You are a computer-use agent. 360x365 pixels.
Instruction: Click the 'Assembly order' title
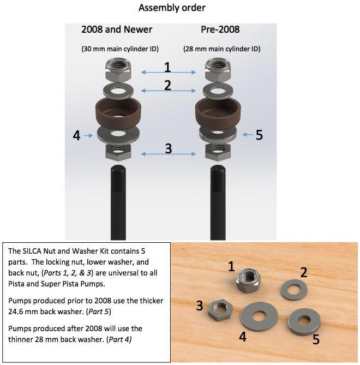[x=172, y=8]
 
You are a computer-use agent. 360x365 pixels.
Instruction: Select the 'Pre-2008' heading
[x=220, y=29]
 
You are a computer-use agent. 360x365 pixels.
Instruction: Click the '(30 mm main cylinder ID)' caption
[x=120, y=49]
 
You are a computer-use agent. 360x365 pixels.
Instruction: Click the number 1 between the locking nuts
[x=168, y=68]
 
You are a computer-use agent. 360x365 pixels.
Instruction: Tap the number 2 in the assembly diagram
[x=168, y=86]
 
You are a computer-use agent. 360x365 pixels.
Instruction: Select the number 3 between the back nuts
[x=169, y=148]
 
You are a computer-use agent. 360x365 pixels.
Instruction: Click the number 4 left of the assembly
[x=77, y=135]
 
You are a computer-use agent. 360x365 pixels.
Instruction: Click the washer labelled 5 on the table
[x=301, y=320]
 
